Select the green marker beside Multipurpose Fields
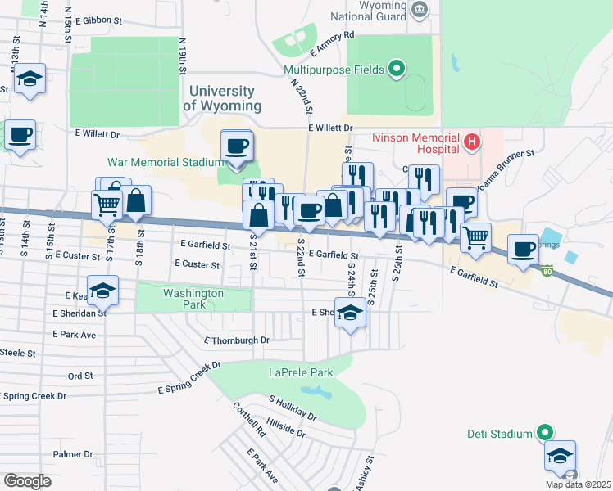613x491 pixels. (397, 69)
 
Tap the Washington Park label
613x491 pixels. (193, 294)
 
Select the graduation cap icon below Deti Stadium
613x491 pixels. (561, 456)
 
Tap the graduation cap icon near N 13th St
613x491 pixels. (30, 79)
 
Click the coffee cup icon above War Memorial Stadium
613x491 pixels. (237, 146)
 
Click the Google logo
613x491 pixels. (27, 480)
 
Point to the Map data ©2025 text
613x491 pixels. (578, 484)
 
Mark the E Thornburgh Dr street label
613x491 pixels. (237, 340)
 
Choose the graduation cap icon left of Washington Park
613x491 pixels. (103, 291)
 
